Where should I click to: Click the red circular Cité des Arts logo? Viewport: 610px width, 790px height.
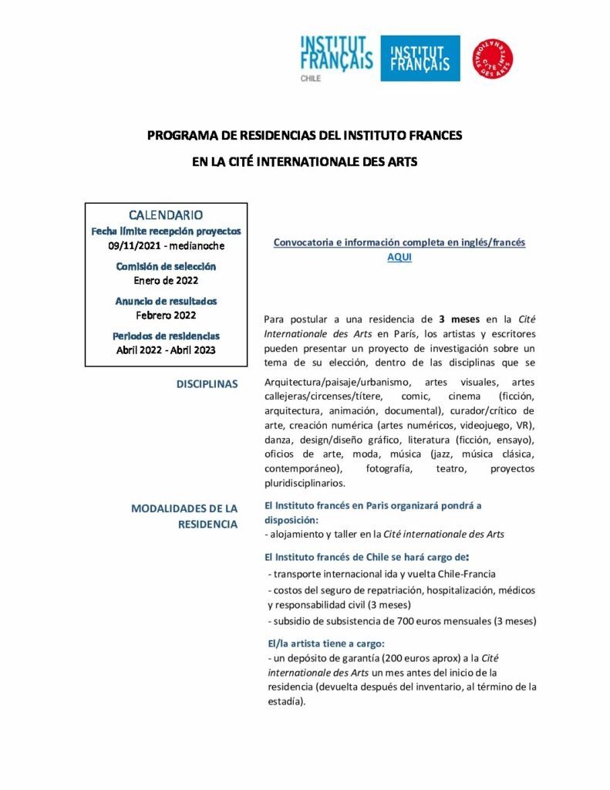pos(493,59)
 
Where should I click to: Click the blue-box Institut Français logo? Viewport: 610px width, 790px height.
pos(420,59)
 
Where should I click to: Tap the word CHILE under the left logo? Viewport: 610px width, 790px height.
pos(311,79)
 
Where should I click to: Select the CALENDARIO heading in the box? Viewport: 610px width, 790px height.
pos(166,214)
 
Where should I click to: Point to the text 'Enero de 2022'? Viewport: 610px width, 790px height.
pos(166,281)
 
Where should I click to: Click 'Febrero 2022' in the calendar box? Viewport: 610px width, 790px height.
pos(166,316)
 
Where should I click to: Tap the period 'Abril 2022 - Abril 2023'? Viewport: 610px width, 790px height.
pos(166,349)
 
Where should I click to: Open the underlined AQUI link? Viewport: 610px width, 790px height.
pos(399,258)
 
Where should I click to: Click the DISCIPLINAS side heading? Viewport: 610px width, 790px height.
pos(207,383)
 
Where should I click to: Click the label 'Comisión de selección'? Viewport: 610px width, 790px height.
pos(166,266)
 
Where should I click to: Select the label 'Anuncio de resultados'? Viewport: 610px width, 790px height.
pos(166,301)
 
